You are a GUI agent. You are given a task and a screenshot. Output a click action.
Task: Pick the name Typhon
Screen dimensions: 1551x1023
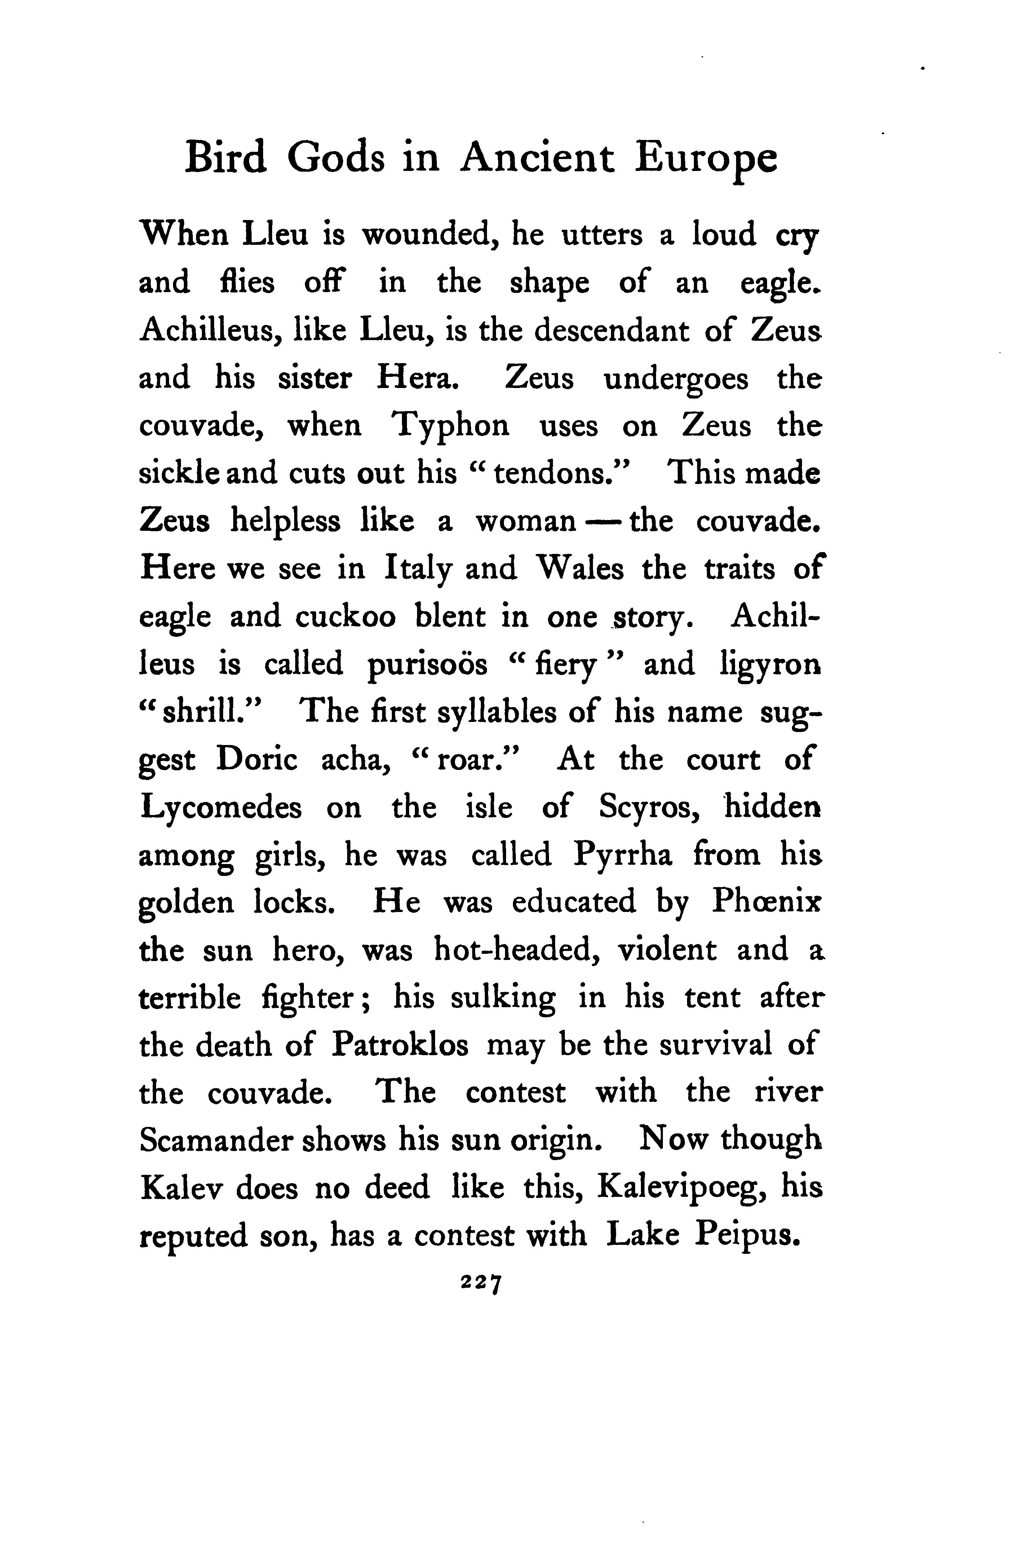click(x=450, y=427)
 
